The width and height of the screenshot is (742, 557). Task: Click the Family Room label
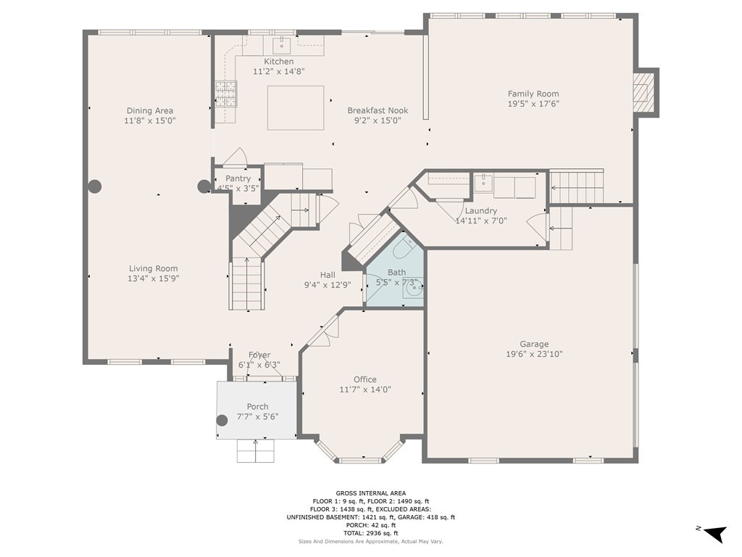[x=533, y=94]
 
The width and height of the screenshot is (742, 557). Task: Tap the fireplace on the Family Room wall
[x=641, y=91]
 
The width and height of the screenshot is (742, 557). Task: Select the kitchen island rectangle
[x=296, y=107]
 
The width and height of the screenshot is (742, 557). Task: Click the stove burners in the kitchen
[x=225, y=94]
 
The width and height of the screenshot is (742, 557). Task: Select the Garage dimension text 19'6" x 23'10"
[x=534, y=354]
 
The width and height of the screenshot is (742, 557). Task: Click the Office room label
[x=365, y=379]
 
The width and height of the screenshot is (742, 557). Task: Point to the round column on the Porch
[x=222, y=419]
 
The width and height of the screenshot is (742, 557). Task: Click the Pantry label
[x=238, y=178]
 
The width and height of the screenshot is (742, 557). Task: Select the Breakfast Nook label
[x=378, y=110]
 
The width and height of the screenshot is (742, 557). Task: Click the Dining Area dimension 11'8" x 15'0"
[x=150, y=121]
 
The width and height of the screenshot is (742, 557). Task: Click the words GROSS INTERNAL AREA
[x=370, y=492]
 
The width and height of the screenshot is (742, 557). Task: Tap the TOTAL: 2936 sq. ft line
[x=370, y=533]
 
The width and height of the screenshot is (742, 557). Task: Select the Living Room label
[x=153, y=268]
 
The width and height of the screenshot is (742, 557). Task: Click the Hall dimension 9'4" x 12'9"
[x=328, y=285]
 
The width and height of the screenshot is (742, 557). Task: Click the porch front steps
[x=256, y=451]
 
